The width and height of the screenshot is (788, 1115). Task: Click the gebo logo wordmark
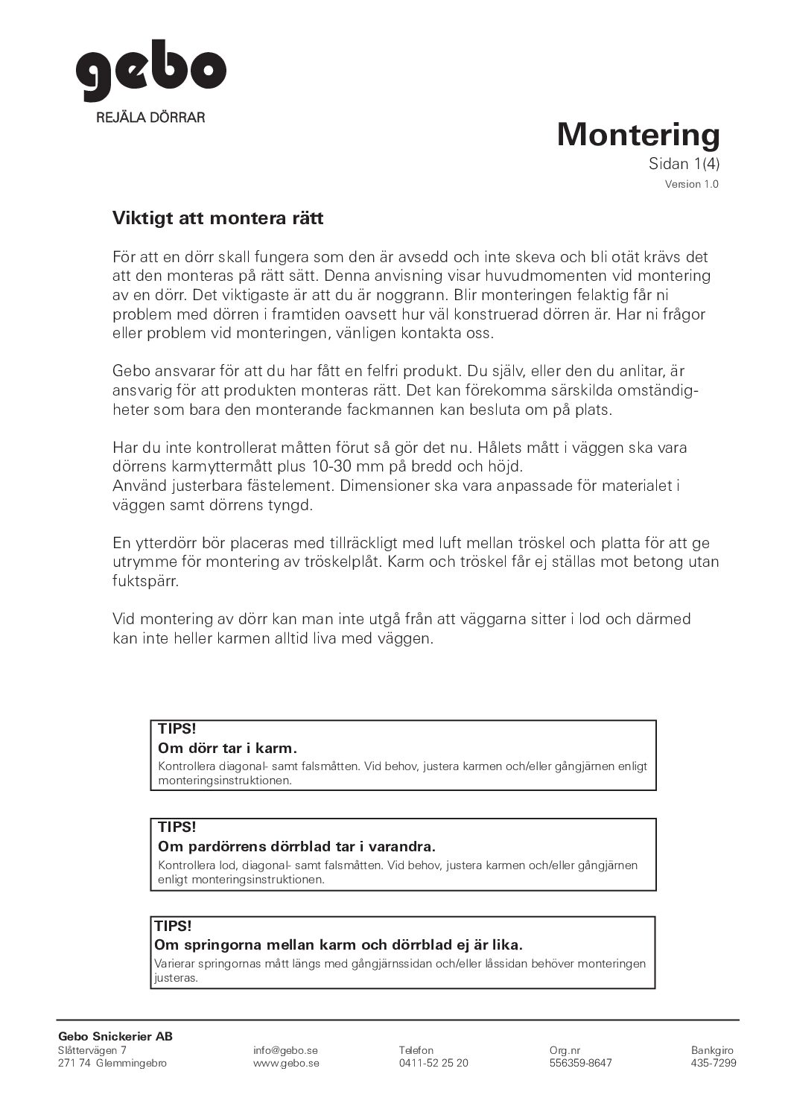coord(150,74)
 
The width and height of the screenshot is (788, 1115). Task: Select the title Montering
coord(638,135)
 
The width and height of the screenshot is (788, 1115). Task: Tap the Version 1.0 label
coord(692,185)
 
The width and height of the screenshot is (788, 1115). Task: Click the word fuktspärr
coord(146,580)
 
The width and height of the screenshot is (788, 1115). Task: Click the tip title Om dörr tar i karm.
coord(228,747)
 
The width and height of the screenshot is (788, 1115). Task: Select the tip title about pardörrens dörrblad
coord(296,846)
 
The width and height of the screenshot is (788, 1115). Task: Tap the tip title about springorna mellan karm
coord(338,944)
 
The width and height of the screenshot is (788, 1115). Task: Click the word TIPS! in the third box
coord(173,926)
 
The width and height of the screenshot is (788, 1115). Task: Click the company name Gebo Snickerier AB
coord(115,1036)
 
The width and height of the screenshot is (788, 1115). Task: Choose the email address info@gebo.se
coord(285,1050)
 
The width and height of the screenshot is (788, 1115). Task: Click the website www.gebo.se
coord(286,1063)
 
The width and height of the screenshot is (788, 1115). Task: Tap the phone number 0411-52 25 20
coord(433,1063)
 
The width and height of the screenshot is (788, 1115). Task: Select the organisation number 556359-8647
coord(580,1063)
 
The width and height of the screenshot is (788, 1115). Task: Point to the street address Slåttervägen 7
coord(92,1050)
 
